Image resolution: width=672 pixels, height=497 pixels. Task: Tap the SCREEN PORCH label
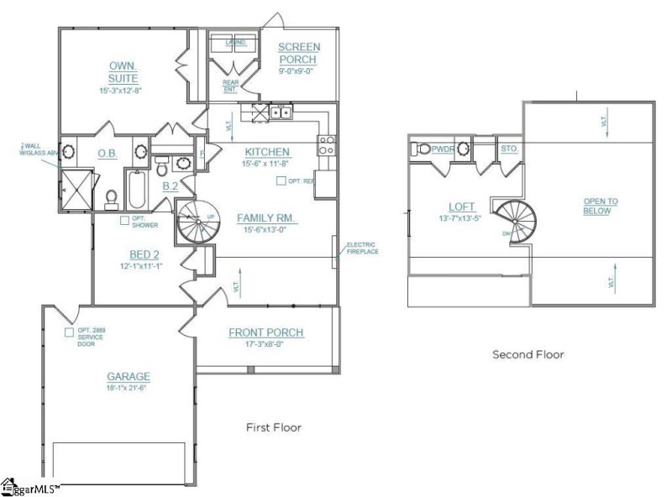point(297,53)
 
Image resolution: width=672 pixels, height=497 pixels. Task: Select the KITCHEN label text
point(267,152)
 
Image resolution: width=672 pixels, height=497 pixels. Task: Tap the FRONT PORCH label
point(266,332)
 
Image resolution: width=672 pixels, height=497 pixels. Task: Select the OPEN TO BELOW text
point(601,207)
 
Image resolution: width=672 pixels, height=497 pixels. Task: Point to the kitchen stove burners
point(327,145)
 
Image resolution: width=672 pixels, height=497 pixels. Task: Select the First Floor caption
point(273,427)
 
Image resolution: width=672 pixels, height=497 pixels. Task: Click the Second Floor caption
point(528,354)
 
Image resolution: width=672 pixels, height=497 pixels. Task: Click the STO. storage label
point(509,149)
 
